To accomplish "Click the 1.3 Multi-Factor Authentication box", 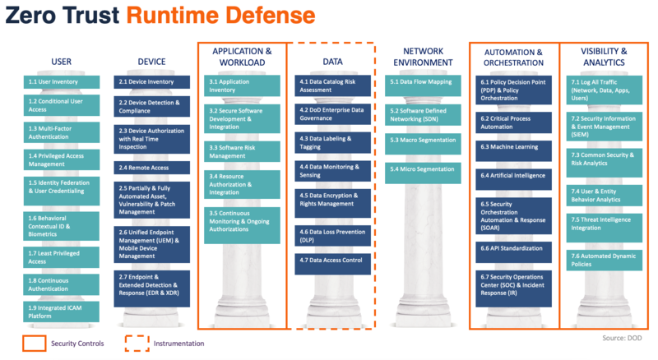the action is coord(62,132).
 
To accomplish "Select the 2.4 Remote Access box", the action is coord(151,168).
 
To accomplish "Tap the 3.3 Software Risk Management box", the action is coord(242,151).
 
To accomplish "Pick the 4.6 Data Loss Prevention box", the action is coord(333,236).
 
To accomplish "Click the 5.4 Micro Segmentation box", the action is coord(423,173).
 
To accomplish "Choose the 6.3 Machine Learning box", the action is coord(513,151).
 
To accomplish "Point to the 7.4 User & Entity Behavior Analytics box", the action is coord(605,196).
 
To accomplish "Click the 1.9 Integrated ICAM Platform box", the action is coord(61,312).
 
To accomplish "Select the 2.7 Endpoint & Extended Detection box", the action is coord(151,288).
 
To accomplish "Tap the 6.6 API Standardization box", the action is coord(513,252).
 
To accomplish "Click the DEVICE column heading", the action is coord(151,62).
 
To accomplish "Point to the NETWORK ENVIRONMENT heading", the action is coord(423,57).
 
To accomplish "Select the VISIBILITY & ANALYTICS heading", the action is coord(604,57).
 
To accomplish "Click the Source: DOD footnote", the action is coord(622,338).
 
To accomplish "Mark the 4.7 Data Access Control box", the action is coord(333,265).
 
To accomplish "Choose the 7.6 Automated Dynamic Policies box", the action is coord(605,261).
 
